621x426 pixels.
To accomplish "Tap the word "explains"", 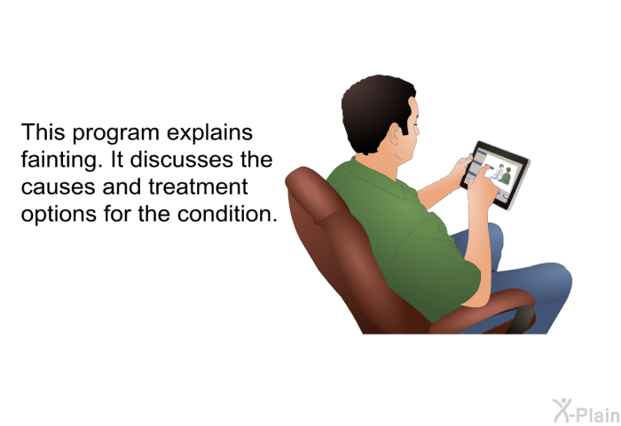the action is (x=209, y=133).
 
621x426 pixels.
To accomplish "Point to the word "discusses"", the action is (x=181, y=160).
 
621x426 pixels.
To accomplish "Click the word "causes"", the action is (x=59, y=187).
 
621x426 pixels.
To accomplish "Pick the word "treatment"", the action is (x=198, y=186).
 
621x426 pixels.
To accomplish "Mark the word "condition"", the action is (x=227, y=214).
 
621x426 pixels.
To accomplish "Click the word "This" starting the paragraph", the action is (x=43, y=132).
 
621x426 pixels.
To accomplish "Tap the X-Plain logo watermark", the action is (x=586, y=411).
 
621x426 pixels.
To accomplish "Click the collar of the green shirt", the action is (x=381, y=178).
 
